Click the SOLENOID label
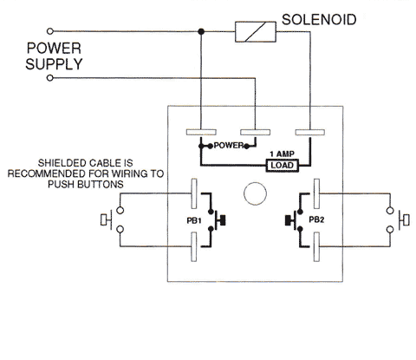coord(319,20)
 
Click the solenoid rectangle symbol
coord(256,32)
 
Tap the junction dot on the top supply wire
coord(201,31)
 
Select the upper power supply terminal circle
coord(50,31)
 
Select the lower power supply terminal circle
coord(50,78)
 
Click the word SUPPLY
coord(54,64)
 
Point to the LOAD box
coord(283,166)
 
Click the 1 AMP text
coord(282,154)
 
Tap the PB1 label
coord(194,221)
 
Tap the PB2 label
coord(316,219)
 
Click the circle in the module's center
coord(255,193)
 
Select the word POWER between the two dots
coord(229,146)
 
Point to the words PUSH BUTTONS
coord(86,185)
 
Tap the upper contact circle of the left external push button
coord(120,210)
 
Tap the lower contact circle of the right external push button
coord(390,230)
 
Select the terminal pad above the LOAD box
coord(310,133)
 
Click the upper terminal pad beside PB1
coord(194,193)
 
